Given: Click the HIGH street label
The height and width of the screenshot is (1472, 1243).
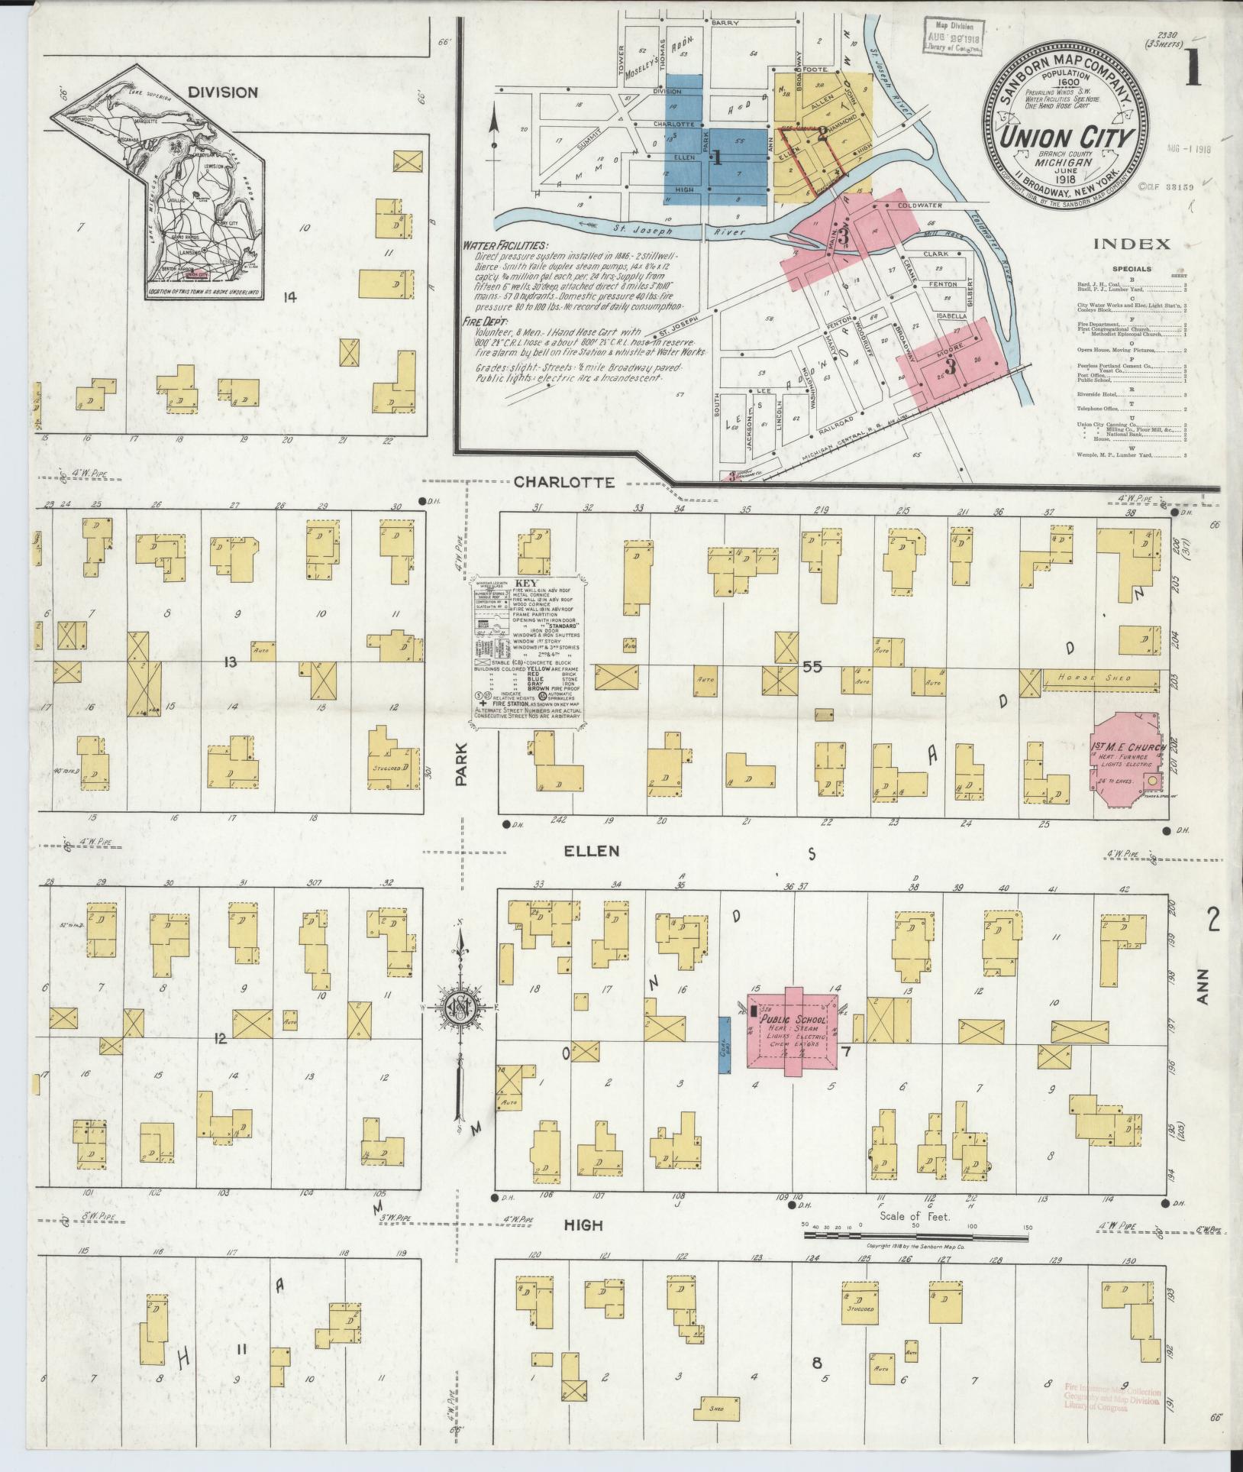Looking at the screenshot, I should [x=583, y=1225].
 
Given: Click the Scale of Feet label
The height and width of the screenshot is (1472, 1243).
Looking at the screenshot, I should [x=913, y=1217].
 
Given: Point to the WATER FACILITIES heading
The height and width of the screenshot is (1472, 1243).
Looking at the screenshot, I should [x=504, y=247].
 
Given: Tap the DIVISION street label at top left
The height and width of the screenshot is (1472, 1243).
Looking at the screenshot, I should [x=224, y=92].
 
